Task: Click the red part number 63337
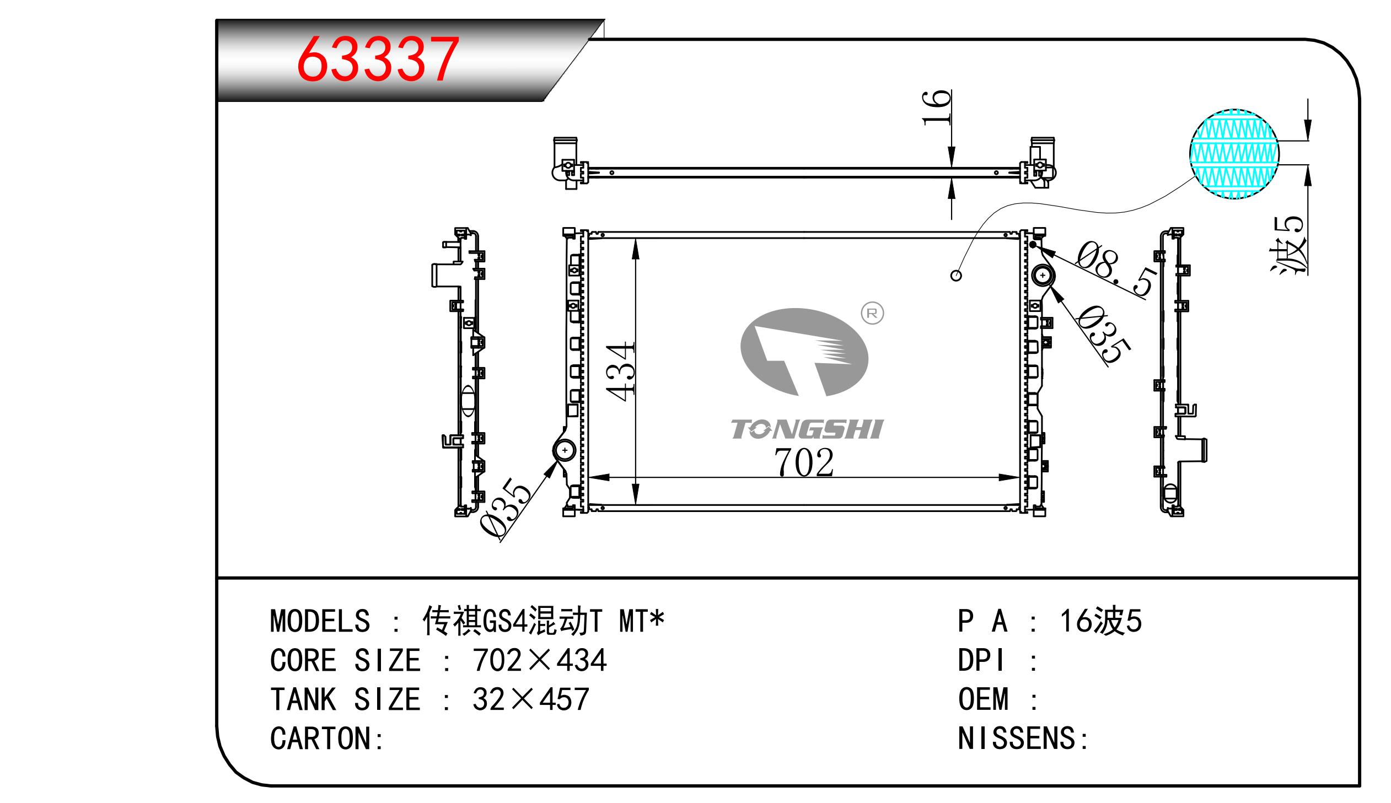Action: coord(378,59)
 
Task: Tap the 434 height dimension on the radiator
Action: coord(620,371)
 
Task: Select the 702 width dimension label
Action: coord(804,462)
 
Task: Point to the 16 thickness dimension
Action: coord(937,107)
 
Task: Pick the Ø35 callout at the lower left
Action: coord(505,507)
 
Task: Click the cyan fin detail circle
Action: coord(1234,154)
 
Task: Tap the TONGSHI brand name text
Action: coord(807,429)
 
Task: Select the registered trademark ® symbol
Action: coord(872,313)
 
